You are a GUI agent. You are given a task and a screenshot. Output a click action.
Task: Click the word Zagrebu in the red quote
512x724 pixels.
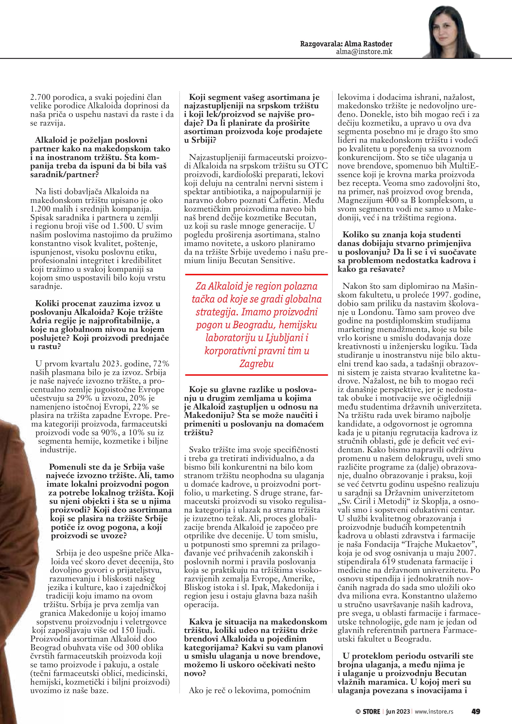pyautogui.click(x=256, y=364)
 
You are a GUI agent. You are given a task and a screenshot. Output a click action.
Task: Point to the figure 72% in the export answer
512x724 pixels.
pyautogui.click(x=162, y=364)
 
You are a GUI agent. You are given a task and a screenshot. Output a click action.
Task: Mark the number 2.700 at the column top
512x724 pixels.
pyautogui.click(x=40, y=97)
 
